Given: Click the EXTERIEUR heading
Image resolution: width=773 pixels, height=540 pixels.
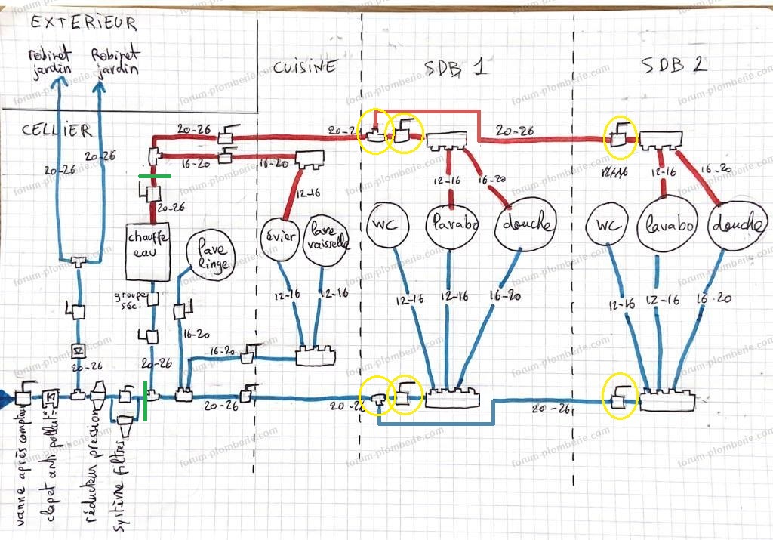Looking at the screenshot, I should pos(84,23).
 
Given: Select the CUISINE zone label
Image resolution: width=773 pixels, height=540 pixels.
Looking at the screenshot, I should pos(304,67).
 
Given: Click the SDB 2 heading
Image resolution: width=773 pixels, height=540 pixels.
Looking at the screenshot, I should pos(674,65).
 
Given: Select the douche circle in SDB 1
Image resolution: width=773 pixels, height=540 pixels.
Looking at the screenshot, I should pos(526,225).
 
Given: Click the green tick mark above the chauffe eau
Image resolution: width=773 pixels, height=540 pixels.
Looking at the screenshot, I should pos(154,177).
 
